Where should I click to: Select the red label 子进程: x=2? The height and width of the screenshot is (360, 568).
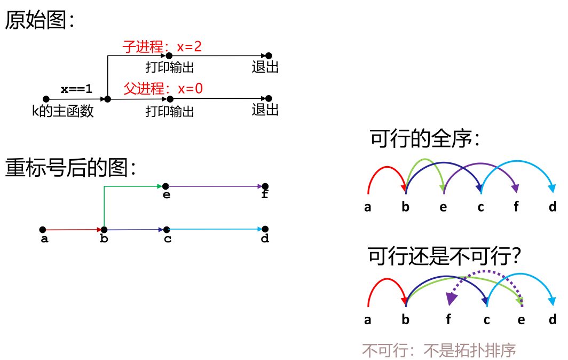tap(162, 46)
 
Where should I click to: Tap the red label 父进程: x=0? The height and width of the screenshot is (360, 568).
tap(163, 88)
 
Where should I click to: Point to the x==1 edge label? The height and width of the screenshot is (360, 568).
tap(76, 89)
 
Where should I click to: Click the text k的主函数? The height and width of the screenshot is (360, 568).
tap(63, 111)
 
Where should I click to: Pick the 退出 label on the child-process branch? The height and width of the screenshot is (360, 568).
tap(265, 67)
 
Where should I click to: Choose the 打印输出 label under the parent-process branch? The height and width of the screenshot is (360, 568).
tap(170, 111)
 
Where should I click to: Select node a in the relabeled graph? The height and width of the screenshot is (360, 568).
tap(43, 230)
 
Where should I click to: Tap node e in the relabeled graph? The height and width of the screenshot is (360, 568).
tap(165, 186)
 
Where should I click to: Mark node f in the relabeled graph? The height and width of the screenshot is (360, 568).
tap(265, 186)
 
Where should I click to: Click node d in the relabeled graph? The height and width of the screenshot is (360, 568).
tap(265, 229)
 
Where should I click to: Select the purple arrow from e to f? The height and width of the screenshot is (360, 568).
tap(214, 186)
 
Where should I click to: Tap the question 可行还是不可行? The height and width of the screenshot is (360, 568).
tap(444, 257)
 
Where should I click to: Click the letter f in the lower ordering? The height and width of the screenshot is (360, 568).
tap(448, 320)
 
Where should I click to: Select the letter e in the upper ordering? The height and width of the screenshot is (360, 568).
tap(443, 207)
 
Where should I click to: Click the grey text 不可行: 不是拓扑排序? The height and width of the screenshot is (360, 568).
tap(439, 350)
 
